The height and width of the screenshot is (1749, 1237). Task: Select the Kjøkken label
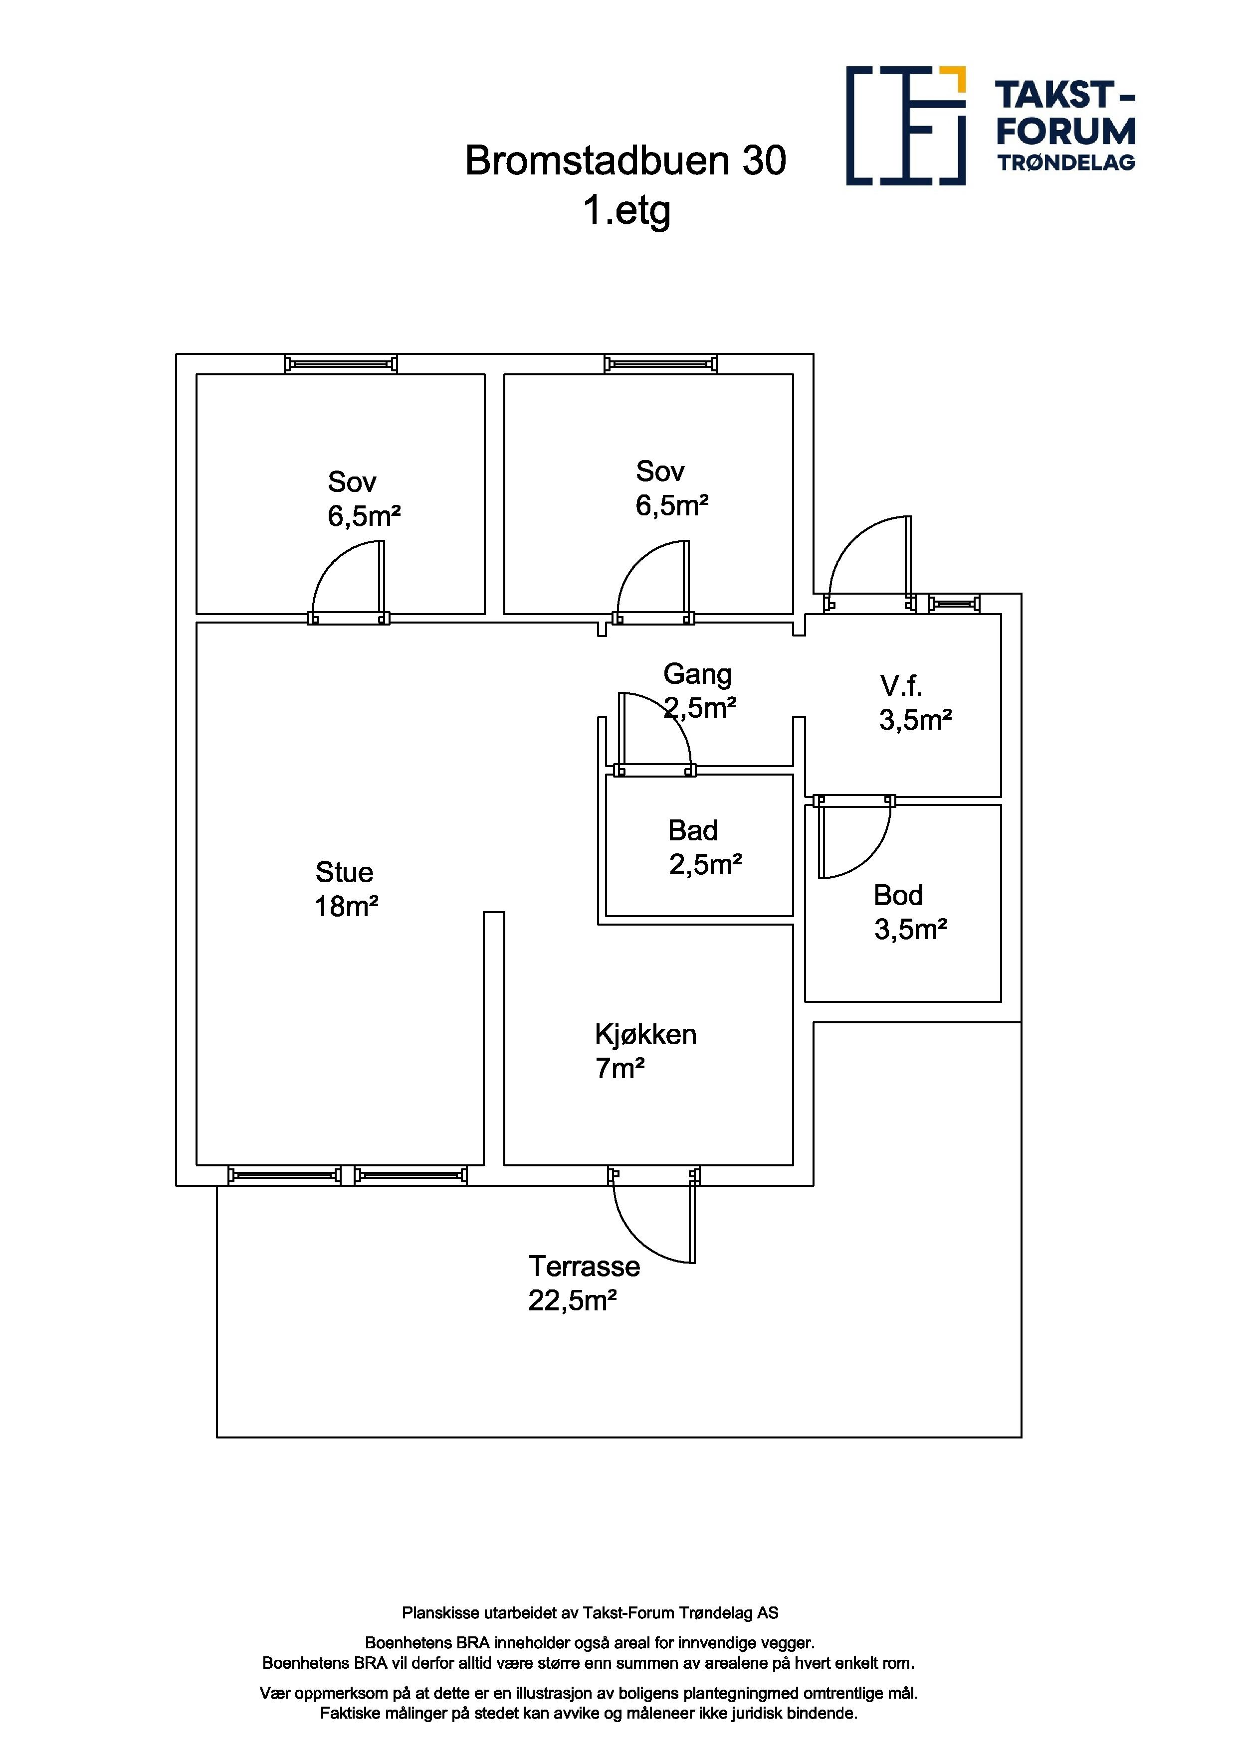[645, 1034]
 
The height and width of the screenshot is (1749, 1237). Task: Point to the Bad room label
[693, 830]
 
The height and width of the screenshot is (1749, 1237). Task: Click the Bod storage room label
[899, 895]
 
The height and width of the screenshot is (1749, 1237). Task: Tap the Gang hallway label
[697, 675]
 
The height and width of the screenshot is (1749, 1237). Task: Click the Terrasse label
[585, 1266]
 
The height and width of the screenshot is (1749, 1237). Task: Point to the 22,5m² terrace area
[573, 1300]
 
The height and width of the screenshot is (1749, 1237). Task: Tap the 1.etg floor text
[626, 211]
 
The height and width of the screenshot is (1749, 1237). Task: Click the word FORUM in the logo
[1065, 131]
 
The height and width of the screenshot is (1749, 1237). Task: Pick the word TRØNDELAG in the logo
[1066, 162]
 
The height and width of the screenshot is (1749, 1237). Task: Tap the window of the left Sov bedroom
[341, 364]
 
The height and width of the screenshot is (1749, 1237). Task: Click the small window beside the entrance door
[954, 604]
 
